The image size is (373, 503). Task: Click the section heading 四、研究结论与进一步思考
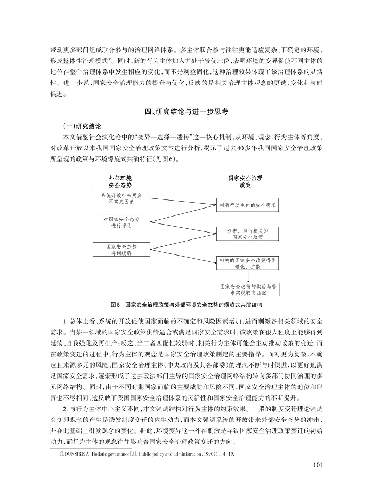[186, 113]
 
